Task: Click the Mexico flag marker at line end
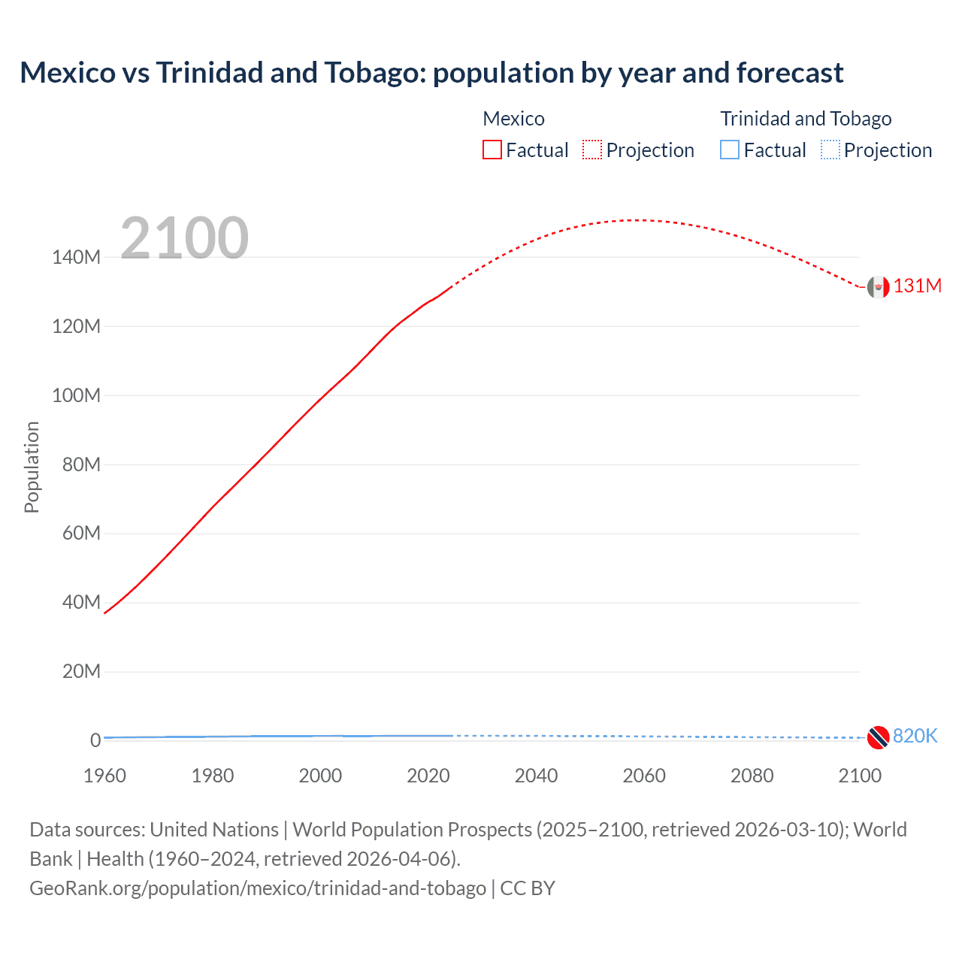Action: [x=877, y=286]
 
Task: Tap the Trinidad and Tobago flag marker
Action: [x=877, y=737]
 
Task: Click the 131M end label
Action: [x=917, y=286]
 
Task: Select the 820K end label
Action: [x=915, y=736]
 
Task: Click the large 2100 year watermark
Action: [x=184, y=238]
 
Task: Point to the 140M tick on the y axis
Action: [x=76, y=258]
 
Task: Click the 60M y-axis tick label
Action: [x=81, y=534]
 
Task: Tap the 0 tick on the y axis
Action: [x=95, y=740]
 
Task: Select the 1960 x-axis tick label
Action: [x=104, y=776]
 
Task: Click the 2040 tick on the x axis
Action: [x=536, y=776]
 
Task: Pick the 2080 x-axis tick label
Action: [x=752, y=776]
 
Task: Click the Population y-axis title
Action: [x=32, y=467]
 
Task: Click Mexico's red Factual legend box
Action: [x=492, y=150]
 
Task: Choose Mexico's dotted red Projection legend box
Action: [x=592, y=150]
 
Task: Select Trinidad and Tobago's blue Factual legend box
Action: [x=730, y=150]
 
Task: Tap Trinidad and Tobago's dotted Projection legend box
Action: [x=830, y=150]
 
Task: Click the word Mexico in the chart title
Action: [x=65, y=73]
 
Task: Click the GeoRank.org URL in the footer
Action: [x=258, y=888]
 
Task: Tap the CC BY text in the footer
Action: [x=528, y=888]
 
